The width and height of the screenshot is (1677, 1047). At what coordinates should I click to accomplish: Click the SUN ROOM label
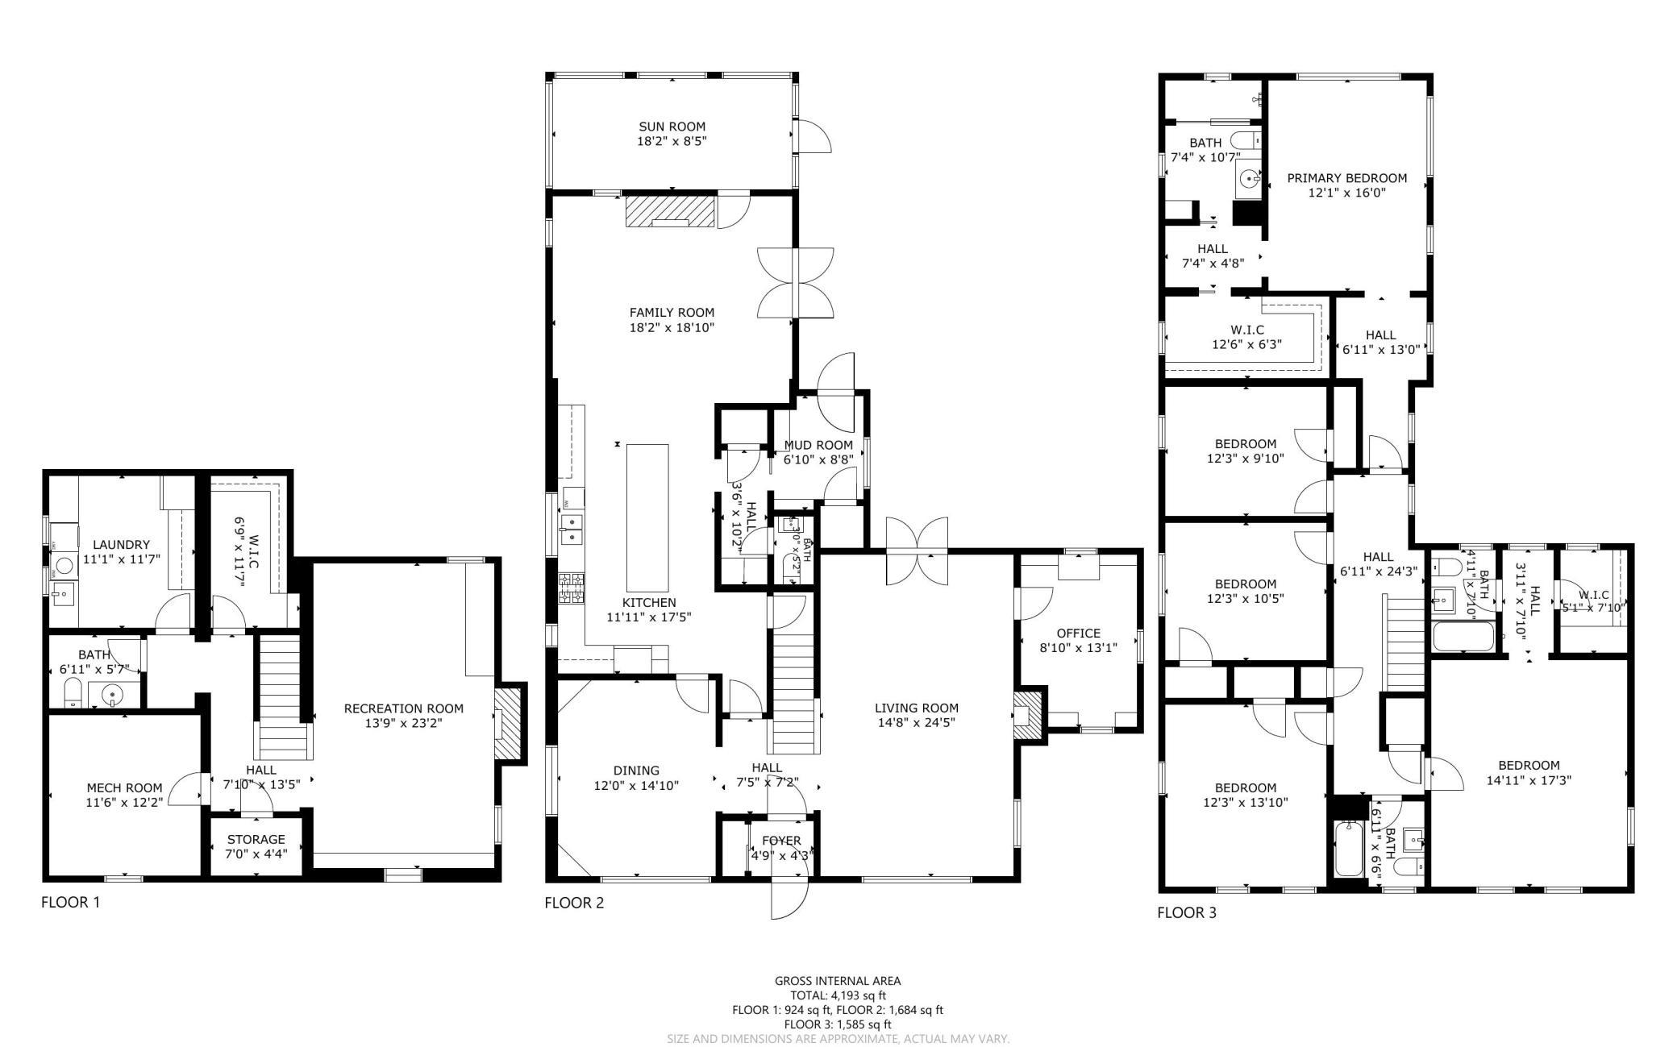click(672, 127)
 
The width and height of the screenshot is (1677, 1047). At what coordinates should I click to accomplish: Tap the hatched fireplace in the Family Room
click(670, 212)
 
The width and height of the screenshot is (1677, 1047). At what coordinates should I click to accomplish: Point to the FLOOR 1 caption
click(71, 902)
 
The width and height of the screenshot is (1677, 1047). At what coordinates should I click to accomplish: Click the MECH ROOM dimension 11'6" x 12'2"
click(124, 802)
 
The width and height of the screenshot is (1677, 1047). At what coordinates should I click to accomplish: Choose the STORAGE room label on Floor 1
click(256, 839)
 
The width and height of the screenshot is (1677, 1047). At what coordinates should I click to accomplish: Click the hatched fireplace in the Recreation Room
click(510, 723)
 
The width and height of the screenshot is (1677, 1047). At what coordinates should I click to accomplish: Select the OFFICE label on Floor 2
click(1078, 633)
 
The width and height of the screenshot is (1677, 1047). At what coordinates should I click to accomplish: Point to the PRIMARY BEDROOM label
click(1346, 178)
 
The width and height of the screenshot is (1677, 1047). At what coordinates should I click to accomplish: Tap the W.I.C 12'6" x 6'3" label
click(1246, 330)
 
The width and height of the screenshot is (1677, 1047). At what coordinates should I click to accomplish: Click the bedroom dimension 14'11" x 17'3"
click(1529, 780)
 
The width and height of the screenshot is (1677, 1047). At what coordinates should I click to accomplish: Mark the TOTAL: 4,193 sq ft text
click(837, 995)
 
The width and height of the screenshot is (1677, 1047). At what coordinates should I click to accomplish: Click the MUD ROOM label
click(818, 445)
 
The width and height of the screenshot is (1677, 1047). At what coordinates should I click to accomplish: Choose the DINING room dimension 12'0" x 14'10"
click(636, 785)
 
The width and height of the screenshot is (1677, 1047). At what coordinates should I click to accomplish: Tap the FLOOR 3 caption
click(1187, 912)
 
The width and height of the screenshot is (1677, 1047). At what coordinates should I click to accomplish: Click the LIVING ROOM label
click(916, 708)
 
